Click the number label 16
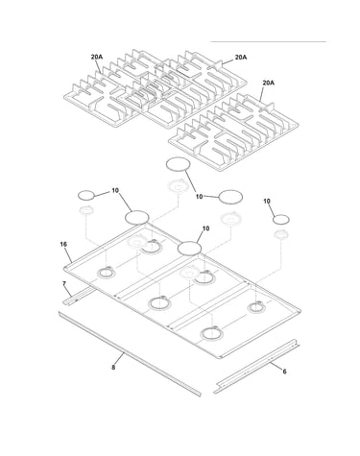63,245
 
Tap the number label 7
64,283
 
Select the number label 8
113,368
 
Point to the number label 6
284,372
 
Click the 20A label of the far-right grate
269,83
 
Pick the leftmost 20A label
97,57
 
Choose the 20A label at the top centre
241,57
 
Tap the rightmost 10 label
267,201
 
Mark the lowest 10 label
205,228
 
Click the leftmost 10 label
115,190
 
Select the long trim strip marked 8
130,354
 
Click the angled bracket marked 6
257,367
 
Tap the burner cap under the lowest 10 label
189,249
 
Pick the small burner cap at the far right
281,220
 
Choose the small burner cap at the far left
86,195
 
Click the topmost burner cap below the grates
179,164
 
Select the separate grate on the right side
233,132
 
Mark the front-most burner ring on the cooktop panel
211,334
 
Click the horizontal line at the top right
268,41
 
